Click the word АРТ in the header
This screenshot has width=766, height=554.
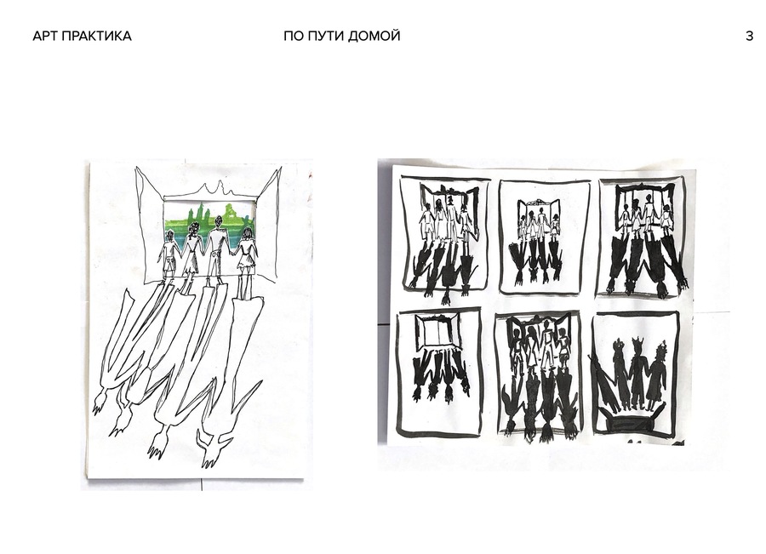pos(46,36)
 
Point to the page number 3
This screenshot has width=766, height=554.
pos(749,36)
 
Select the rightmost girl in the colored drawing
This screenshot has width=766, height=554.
pos(247,254)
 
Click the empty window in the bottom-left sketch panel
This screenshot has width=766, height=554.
pos(437,332)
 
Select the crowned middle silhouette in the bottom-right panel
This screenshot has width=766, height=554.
pos(637,374)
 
